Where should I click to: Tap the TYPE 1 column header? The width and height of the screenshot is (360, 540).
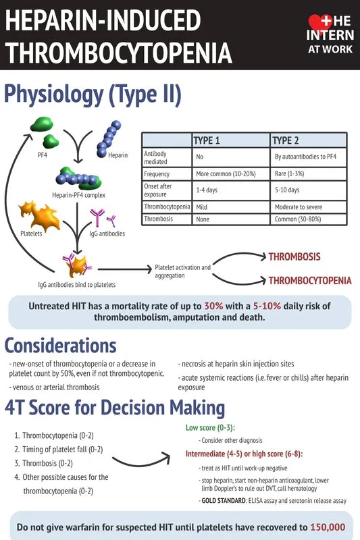tap(207, 140)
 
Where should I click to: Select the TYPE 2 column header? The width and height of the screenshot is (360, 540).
tap(285, 140)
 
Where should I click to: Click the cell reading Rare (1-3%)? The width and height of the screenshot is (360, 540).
tap(289, 173)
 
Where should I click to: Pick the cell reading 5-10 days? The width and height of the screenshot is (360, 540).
tap(287, 190)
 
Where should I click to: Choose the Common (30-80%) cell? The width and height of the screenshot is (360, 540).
tap(298, 219)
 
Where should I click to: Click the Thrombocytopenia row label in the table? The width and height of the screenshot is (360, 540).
tap(167, 207)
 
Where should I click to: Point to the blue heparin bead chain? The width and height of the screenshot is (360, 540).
tap(109, 138)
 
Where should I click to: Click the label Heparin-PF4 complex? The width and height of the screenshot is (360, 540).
tap(78, 195)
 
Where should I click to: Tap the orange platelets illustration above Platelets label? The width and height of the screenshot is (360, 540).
tap(39, 215)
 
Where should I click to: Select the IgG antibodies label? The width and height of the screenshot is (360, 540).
tap(107, 234)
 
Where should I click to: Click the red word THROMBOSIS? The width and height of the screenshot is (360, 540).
tap(294, 256)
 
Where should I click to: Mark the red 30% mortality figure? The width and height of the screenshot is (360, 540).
tap(213, 306)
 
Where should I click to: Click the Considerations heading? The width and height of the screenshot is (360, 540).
tap(60, 346)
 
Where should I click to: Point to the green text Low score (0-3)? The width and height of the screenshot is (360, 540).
tap(210, 428)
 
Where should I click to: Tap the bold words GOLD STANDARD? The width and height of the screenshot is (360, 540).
tap(224, 500)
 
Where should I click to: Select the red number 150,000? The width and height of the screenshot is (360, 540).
tap(328, 527)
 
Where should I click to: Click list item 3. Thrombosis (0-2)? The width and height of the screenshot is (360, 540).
tap(43, 463)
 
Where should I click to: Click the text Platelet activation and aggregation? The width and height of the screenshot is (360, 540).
tap(182, 271)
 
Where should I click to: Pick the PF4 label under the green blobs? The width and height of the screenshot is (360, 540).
tap(42, 155)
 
